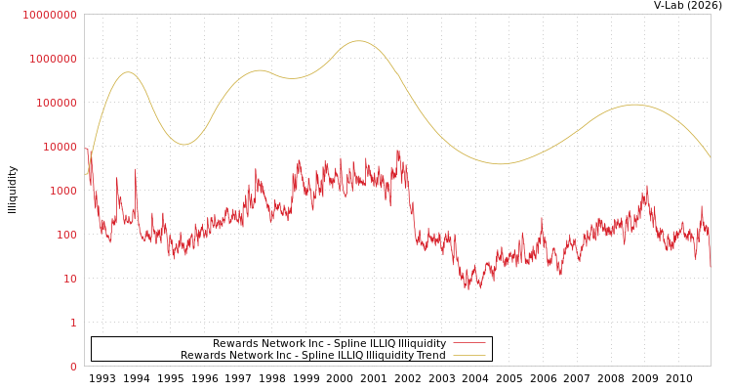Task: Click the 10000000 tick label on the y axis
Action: click(x=50, y=15)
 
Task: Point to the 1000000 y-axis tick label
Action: click(x=53, y=59)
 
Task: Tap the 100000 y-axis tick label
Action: click(x=56, y=103)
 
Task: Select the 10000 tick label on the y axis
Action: click(x=59, y=147)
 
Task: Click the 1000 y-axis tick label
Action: click(x=62, y=191)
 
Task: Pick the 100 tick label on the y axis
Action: click(x=65, y=235)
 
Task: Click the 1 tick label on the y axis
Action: click(x=73, y=323)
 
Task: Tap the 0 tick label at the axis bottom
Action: click(x=73, y=367)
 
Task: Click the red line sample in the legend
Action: click(x=469, y=343)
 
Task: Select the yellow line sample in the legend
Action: click(x=469, y=355)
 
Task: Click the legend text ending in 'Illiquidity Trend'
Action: click(x=312, y=355)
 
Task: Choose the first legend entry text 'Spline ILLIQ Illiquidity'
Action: click(x=329, y=343)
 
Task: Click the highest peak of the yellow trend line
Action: click(x=358, y=41)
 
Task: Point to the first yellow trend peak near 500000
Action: click(x=127, y=71)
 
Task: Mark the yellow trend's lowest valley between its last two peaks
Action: click(x=501, y=163)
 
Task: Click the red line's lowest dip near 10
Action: click(x=468, y=288)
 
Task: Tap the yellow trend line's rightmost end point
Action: click(x=710, y=157)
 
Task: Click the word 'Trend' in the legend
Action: click(x=430, y=355)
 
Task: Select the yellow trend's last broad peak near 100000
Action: click(x=634, y=105)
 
